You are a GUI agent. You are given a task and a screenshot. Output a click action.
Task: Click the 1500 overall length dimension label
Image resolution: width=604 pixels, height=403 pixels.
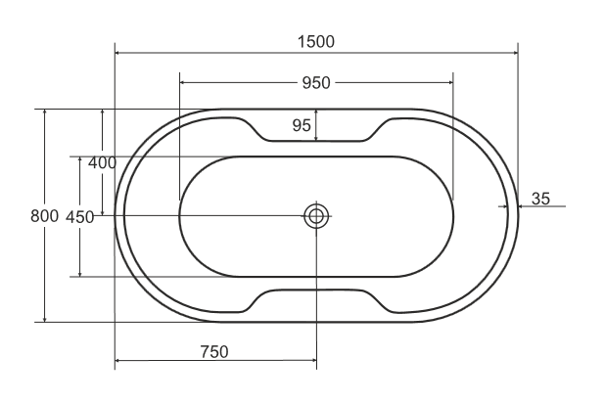(x=315, y=41)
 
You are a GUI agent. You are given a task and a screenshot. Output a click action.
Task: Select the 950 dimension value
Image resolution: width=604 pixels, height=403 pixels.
(x=315, y=83)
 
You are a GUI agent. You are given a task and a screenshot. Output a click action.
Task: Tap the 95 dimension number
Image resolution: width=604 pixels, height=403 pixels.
(x=302, y=124)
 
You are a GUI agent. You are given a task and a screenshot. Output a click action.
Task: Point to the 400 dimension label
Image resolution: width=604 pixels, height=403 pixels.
(x=102, y=162)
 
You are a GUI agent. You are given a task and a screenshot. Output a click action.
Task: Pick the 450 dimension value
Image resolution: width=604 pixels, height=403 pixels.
(x=79, y=217)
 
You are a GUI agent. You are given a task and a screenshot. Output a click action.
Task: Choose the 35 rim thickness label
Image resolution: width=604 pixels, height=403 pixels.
(x=540, y=199)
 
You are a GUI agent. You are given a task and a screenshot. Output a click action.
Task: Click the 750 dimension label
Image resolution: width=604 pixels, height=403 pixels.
(x=213, y=351)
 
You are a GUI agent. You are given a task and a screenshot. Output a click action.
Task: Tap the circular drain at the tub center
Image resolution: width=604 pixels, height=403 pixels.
(x=316, y=216)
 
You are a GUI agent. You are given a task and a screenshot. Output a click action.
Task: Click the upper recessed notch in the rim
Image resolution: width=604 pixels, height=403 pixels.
(x=315, y=134)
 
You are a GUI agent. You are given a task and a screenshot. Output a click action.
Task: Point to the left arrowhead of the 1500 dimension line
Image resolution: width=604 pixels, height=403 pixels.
(x=118, y=54)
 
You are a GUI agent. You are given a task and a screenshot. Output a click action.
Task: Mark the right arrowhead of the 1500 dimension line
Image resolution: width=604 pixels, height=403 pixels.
(x=515, y=54)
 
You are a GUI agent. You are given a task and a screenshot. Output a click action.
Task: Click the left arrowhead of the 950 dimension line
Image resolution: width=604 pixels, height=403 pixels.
(x=184, y=83)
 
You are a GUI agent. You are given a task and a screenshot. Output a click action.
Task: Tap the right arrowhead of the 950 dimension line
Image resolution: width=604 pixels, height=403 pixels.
(x=450, y=83)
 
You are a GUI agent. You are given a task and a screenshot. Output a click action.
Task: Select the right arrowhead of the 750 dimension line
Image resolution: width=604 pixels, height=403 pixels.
(x=313, y=362)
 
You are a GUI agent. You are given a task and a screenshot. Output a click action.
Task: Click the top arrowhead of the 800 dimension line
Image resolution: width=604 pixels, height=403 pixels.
(x=45, y=112)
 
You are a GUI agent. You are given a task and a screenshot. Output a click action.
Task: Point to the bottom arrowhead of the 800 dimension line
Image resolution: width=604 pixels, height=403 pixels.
(x=45, y=318)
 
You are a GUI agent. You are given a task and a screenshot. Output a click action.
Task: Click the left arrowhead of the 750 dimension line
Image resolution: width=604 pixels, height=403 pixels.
(x=118, y=362)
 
